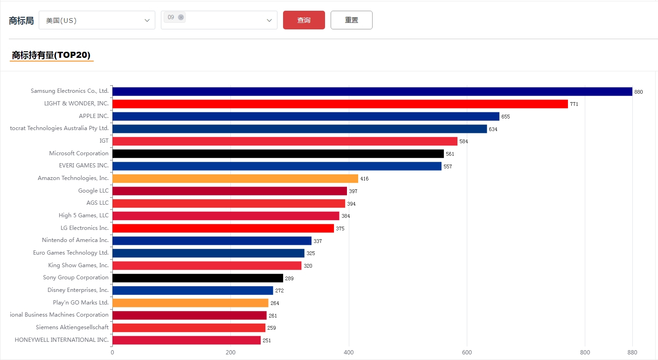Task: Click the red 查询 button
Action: (x=304, y=20)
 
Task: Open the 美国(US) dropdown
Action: (x=97, y=21)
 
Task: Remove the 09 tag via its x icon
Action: (x=181, y=17)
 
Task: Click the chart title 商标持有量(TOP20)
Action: (x=51, y=55)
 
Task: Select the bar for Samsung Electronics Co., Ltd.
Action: (x=372, y=91)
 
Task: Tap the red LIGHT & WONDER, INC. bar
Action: (x=340, y=104)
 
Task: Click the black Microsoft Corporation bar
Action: (x=278, y=153)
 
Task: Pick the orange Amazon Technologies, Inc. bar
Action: (x=235, y=179)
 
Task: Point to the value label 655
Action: (x=506, y=117)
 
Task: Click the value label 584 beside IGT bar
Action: (x=464, y=141)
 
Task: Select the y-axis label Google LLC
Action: (x=93, y=191)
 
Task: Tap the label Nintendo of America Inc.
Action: (x=75, y=240)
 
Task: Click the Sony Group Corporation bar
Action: (x=198, y=278)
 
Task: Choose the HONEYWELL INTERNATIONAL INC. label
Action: (x=62, y=340)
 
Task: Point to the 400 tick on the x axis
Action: (x=349, y=353)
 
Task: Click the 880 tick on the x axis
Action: (x=632, y=353)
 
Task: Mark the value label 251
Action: (x=267, y=340)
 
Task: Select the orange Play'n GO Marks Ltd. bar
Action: (x=190, y=303)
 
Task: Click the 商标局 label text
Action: (x=21, y=21)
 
